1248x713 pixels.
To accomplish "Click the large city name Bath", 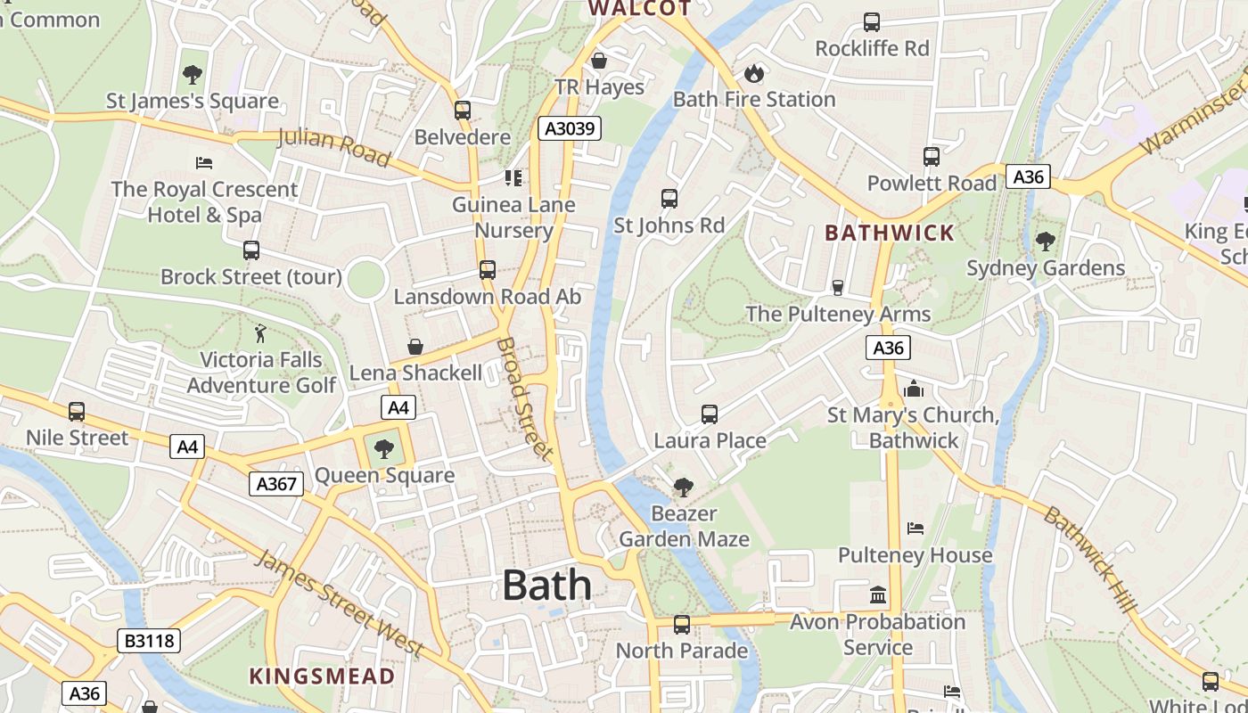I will (x=546, y=586).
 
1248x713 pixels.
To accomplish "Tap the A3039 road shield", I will (x=570, y=128).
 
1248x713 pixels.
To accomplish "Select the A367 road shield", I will (x=276, y=484).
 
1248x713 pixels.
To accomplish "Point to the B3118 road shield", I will (x=149, y=641).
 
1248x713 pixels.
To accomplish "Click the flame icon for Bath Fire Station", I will (x=754, y=72).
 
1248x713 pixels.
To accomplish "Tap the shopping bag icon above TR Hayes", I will (x=599, y=61).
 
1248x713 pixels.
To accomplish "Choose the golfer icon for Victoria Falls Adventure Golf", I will (x=260, y=333).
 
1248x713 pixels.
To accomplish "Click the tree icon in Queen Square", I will (x=383, y=449).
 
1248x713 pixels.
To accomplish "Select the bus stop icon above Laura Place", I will (x=710, y=414).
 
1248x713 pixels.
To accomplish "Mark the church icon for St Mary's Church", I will (x=913, y=389).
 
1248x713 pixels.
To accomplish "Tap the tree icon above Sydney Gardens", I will (x=1045, y=242).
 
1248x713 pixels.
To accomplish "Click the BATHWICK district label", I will (x=890, y=234).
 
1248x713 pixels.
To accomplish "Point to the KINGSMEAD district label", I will (x=322, y=676).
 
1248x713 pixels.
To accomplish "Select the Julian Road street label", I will (x=334, y=147).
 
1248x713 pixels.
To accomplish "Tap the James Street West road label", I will (x=339, y=603).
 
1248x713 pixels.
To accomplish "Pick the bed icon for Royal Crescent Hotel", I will (x=204, y=163).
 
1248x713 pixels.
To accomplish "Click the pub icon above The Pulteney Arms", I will (x=837, y=287).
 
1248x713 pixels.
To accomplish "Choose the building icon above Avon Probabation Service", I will (x=878, y=594).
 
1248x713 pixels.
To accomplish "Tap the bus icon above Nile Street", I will (x=77, y=412).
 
